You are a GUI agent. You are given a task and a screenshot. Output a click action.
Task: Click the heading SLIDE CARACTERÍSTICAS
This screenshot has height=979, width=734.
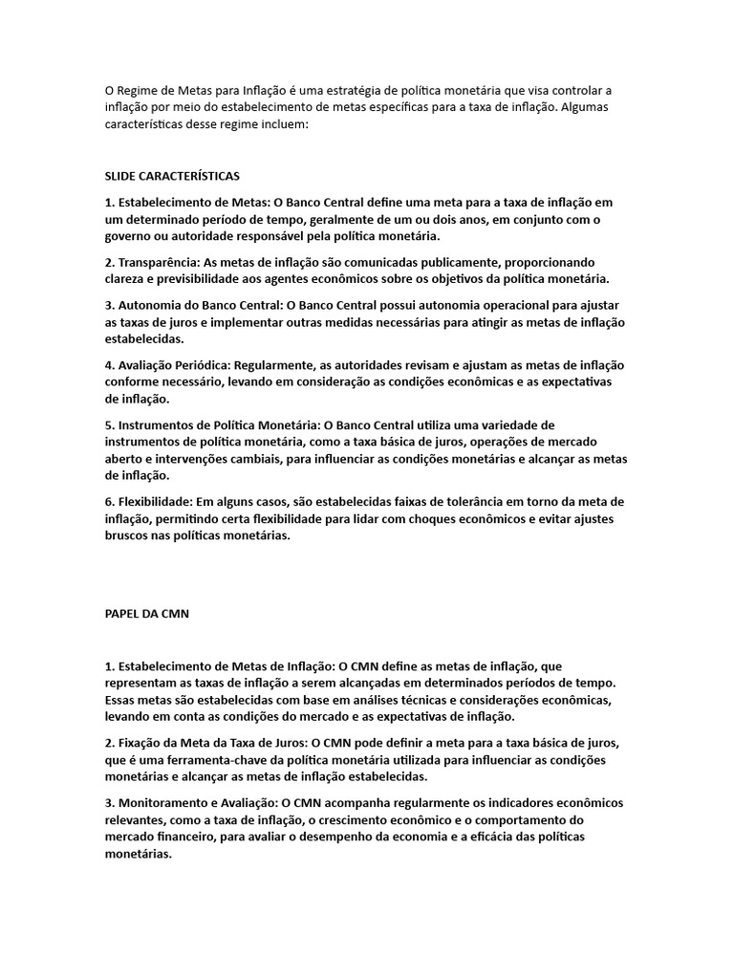coord(172,176)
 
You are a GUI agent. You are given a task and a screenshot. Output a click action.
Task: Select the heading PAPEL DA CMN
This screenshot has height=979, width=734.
coord(147,615)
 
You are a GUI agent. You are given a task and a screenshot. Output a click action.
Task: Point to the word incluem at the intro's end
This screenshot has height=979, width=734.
coord(279,124)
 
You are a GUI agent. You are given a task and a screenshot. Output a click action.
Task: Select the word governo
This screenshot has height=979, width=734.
coord(129,236)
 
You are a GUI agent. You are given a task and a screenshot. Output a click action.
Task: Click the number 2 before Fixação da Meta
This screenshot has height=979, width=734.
coord(108,742)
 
